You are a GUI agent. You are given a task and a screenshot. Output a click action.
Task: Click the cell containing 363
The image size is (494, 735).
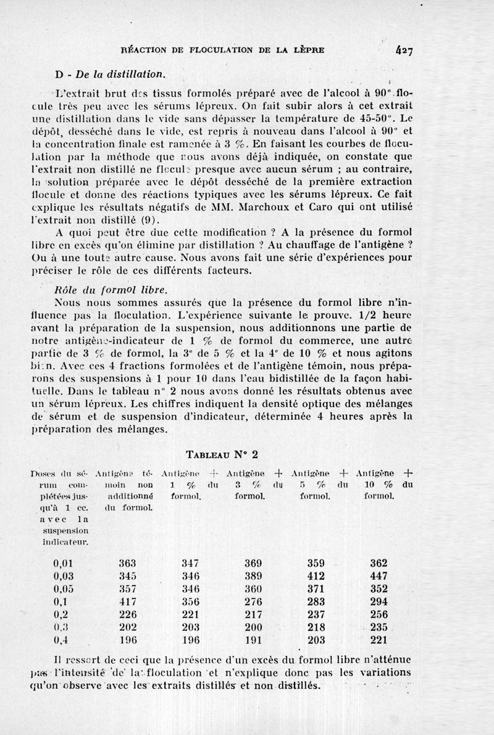click(x=127, y=562)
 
